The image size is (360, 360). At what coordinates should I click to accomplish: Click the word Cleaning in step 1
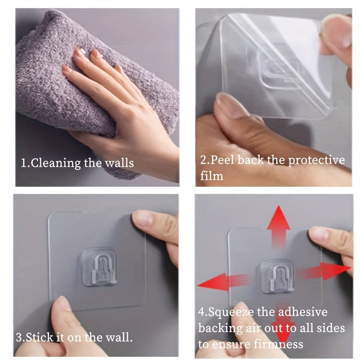click(x=55, y=162)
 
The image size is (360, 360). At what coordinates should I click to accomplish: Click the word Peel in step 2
click(x=223, y=160)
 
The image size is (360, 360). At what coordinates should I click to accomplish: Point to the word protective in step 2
click(x=316, y=160)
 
